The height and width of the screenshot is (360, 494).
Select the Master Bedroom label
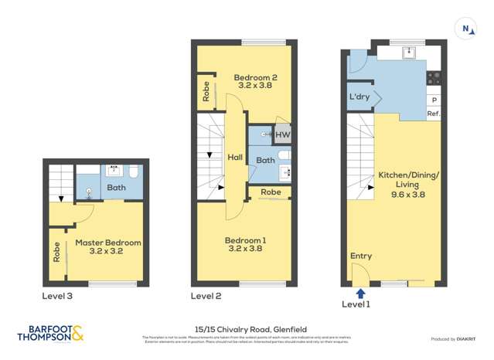pos(108,247)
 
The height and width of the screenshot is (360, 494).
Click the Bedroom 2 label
pos(255,81)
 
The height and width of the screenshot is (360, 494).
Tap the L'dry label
pos(359,97)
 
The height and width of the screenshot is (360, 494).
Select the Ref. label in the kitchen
pos(434,114)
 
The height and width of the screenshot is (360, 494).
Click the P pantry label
pos(434,100)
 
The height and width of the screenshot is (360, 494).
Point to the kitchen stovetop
pos(434,77)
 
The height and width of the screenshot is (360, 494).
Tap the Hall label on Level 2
pos(234,157)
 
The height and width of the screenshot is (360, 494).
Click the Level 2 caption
pos(206,296)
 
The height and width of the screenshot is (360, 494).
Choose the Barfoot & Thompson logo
pos(50,333)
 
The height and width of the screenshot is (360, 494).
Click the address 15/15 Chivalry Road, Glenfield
pos(247,328)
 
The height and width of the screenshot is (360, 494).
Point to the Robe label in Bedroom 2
pos(206,93)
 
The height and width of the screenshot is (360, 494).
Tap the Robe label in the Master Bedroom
pos(56,253)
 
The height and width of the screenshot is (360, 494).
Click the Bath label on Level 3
pos(116,187)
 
